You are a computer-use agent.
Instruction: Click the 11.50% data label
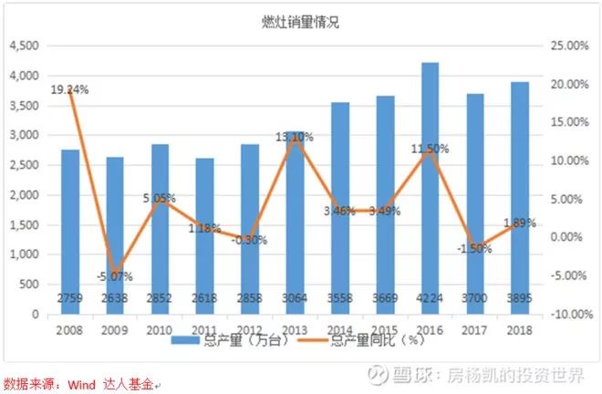pyautogui.click(x=429, y=149)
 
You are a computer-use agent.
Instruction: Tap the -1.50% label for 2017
pyautogui.click(x=474, y=248)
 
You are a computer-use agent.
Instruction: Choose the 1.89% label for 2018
pyautogui.click(x=519, y=223)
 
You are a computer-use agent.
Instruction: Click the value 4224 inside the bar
pyautogui.click(x=430, y=300)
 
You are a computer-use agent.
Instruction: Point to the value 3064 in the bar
pyautogui.click(x=295, y=300)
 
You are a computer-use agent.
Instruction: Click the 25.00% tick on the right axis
pyautogui.click(x=566, y=47)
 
